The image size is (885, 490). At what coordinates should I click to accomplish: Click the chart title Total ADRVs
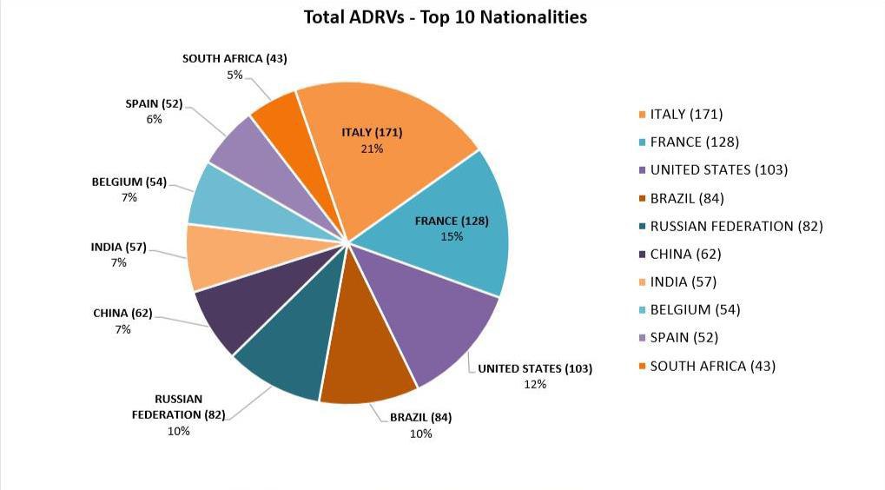coord(445,17)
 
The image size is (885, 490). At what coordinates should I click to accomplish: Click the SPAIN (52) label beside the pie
coord(154,103)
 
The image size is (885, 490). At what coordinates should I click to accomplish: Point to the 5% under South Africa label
coord(234,75)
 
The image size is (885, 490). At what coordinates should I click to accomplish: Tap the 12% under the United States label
coord(535,384)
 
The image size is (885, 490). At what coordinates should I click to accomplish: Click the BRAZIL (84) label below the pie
coord(420,417)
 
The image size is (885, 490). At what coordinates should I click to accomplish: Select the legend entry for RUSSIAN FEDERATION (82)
coord(736,226)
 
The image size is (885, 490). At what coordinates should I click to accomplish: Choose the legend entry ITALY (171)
coord(686,115)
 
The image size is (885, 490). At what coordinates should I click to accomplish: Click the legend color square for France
coord(641,142)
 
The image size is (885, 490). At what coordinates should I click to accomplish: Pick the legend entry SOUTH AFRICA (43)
coord(712,366)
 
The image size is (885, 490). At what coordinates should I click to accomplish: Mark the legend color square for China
coord(641,255)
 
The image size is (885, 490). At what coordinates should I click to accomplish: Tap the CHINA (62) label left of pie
coord(122,313)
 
